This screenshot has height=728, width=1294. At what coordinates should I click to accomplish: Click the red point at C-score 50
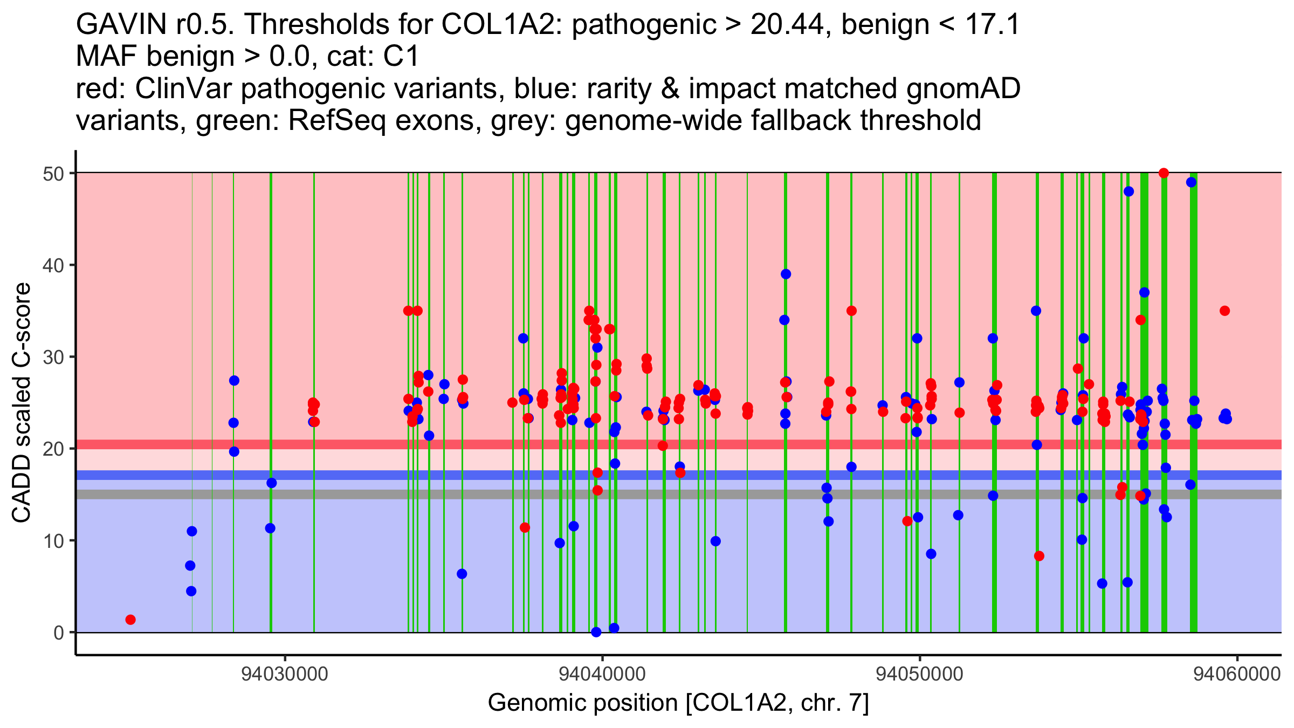[1164, 173]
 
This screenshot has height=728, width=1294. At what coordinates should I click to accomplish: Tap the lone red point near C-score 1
[130, 620]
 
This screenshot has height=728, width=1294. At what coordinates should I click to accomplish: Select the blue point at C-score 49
[1192, 182]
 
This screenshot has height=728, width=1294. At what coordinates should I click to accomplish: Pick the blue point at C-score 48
[1128, 191]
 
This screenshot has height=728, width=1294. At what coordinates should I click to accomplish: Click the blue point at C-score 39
[786, 274]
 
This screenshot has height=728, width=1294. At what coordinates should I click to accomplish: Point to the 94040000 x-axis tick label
[602, 675]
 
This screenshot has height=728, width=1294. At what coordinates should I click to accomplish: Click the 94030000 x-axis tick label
[285, 675]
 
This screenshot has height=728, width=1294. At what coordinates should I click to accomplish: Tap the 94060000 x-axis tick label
[1237, 675]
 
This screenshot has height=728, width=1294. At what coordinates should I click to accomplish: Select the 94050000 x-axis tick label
[920, 675]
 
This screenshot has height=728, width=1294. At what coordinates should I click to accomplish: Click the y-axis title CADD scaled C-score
[22, 403]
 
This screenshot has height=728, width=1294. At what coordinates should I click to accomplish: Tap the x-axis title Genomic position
[678, 703]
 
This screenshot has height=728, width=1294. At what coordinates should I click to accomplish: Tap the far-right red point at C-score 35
[1224, 311]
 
